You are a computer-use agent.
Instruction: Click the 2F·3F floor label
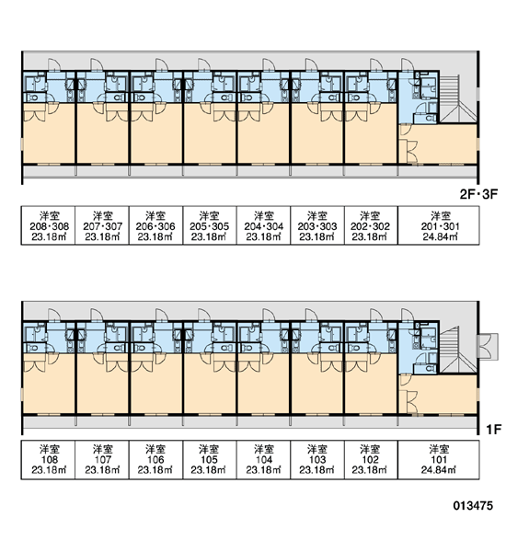click(479, 194)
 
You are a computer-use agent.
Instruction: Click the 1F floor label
click(493, 429)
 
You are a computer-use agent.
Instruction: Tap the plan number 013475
click(473, 506)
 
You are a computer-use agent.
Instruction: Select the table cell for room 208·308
click(49, 225)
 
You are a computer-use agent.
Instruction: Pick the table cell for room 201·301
click(439, 225)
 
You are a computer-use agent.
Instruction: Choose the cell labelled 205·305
click(210, 225)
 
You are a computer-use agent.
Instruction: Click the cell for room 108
click(49, 459)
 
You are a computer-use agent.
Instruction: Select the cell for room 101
click(439, 459)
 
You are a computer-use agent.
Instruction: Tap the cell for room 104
click(264, 459)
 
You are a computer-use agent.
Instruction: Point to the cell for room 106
click(156, 459)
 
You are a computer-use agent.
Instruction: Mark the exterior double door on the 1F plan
click(488, 346)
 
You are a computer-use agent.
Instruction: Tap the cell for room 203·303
click(317, 225)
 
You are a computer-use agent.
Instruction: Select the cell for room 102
click(371, 459)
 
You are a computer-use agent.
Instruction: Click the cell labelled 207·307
click(102, 225)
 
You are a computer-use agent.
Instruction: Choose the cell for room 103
click(317, 459)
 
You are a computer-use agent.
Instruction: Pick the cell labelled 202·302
click(371, 225)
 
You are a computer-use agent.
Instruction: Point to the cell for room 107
click(102, 459)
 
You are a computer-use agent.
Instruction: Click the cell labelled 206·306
click(156, 225)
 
